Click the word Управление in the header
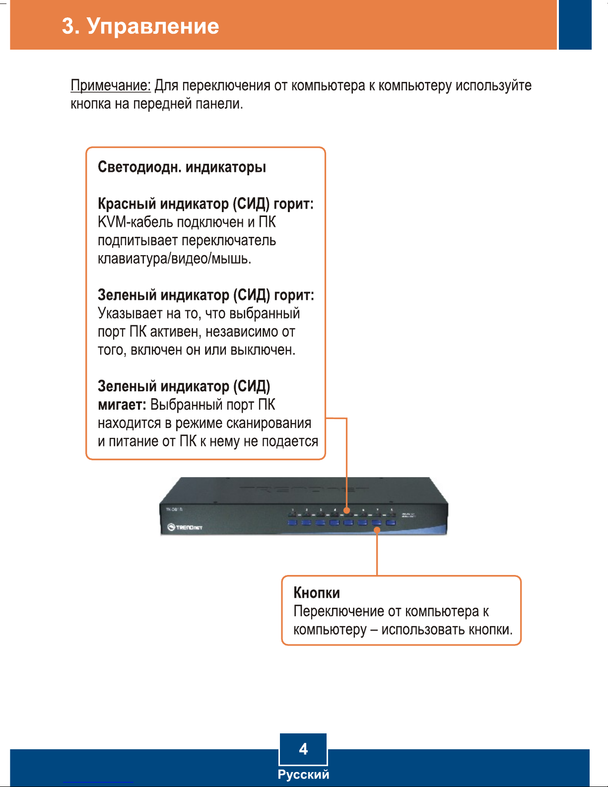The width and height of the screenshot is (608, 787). coord(153,26)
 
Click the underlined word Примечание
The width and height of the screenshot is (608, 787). coord(110,85)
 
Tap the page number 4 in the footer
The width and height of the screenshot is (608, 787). coord(303,749)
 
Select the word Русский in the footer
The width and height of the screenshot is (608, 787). coord(303,775)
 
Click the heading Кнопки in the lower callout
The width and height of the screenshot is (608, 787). coord(317,593)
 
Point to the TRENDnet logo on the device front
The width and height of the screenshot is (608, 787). coord(185,527)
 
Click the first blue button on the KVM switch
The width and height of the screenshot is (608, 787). coord(292,522)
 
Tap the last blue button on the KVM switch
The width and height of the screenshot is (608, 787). coord(391,522)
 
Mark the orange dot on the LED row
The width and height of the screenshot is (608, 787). coord(347,510)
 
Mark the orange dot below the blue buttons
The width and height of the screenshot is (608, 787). coord(377,530)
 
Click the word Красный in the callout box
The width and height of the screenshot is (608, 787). coord(127,204)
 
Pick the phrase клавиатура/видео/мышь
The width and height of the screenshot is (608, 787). coord(174,259)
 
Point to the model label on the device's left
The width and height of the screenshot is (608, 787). coord(174,509)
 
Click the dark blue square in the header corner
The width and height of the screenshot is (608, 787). coord(575,25)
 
